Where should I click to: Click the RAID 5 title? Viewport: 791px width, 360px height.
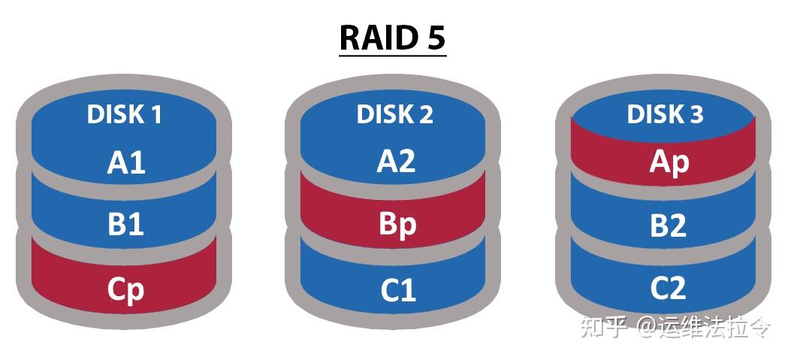pyautogui.click(x=393, y=39)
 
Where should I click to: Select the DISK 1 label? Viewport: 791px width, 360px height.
pyautogui.click(x=125, y=114)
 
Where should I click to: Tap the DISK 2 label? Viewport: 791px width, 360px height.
pyautogui.click(x=394, y=114)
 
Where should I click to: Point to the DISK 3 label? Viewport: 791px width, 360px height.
pyautogui.click(x=665, y=114)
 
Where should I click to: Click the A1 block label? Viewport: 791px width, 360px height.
pyautogui.click(x=126, y=162)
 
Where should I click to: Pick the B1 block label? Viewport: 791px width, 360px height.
pyautogui.click(x=125, y=224)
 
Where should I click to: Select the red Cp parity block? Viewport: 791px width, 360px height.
pyautogui.click(x=125, y=289)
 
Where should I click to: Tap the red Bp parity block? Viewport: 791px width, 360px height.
pyautogui.click(x=397, y=225)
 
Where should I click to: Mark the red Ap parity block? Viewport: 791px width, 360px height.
pyautogui.click(x=669, y=162)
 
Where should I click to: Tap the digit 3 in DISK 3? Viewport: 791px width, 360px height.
pyautogui.click(x=696, y=114)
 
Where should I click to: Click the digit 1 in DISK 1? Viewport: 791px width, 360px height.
pyautogui.click(x=155, y=114)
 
